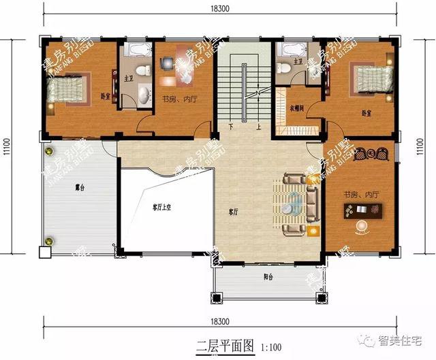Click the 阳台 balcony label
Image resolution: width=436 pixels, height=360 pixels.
tap(268, 277)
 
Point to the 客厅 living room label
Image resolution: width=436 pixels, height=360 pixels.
tap(234, 212)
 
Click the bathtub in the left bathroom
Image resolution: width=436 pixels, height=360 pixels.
tap(136, 50)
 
